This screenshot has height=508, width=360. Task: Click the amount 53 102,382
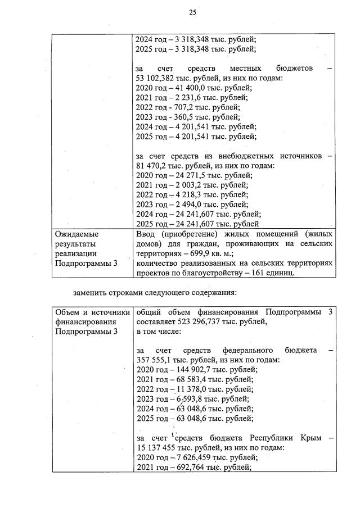(157, 78)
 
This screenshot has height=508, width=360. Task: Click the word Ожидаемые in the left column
(76, 234)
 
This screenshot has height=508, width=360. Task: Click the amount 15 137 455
(159, 448)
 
